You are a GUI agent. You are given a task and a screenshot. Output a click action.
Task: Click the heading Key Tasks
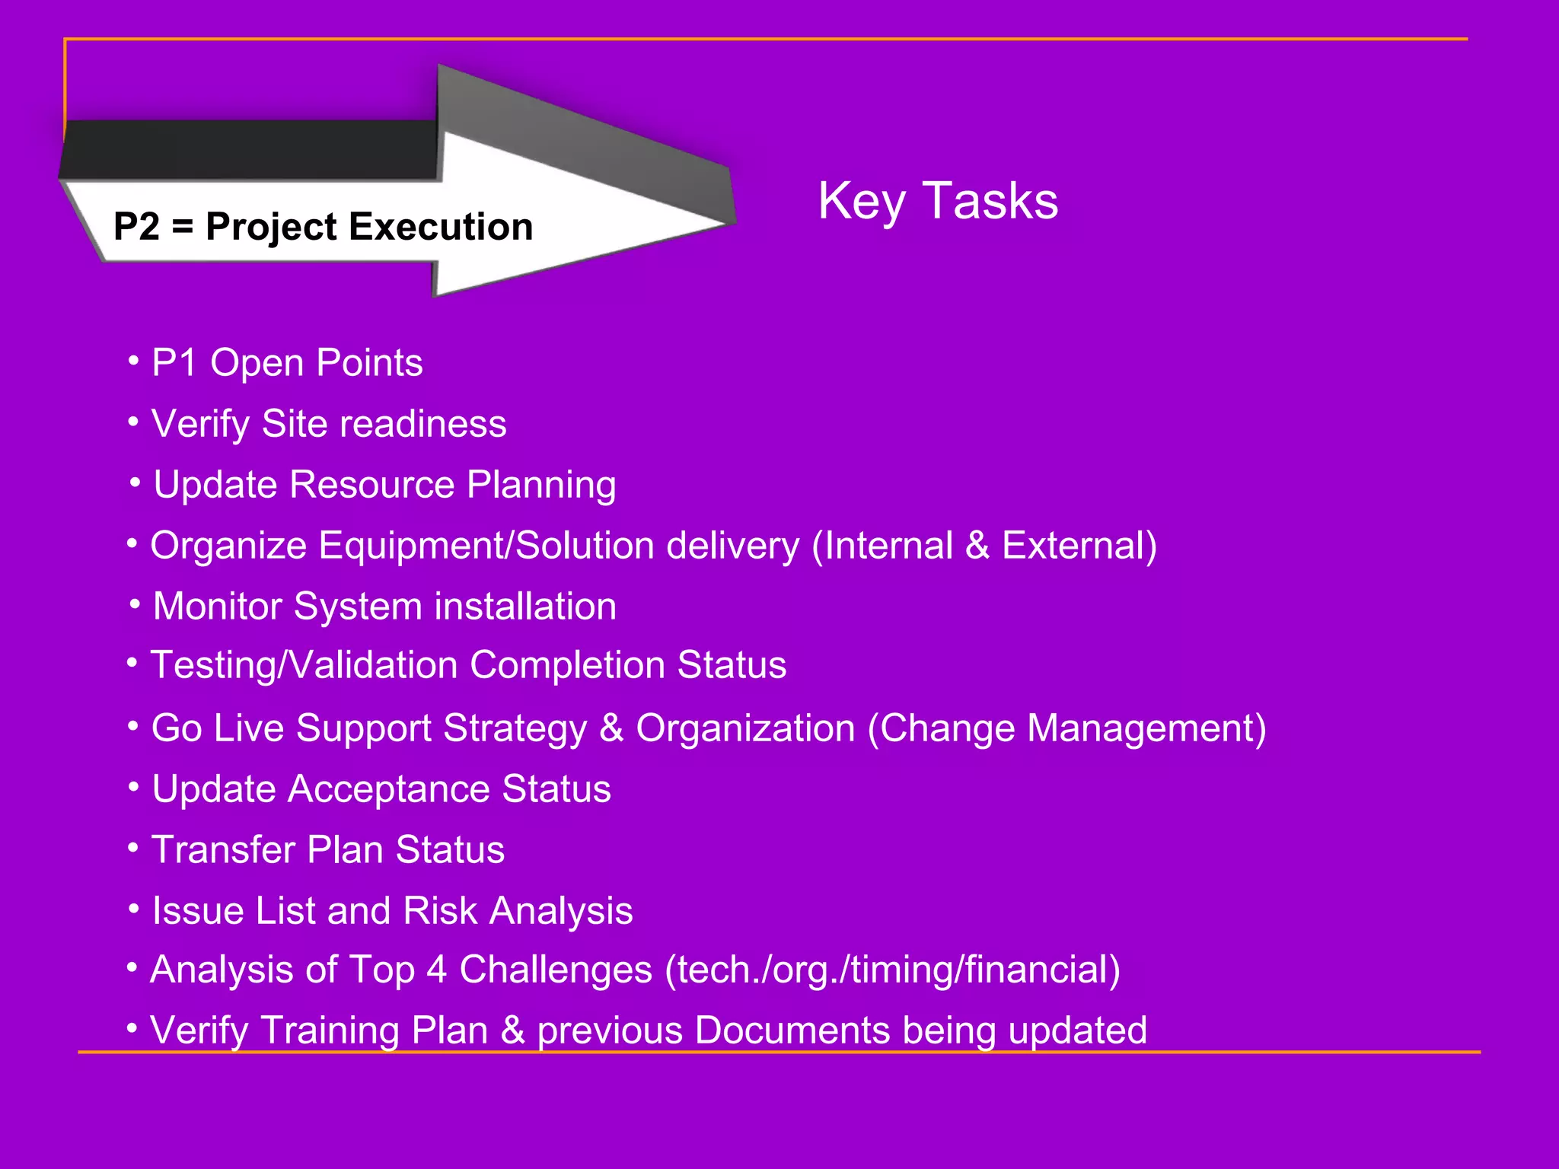[x=937, y=201]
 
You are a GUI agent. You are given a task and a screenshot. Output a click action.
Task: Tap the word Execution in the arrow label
[x=441, y=227]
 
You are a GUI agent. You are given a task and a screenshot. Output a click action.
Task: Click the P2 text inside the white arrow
[x=137, y=227]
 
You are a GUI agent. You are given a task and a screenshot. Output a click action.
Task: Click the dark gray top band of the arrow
[x=251, y=149]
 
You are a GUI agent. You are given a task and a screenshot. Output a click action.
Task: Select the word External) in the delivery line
[x=1079, y=546]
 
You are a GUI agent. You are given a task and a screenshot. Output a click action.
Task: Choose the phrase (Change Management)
[x=1066, y=728]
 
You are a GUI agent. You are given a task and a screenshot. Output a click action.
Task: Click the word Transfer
[x=223, y=850]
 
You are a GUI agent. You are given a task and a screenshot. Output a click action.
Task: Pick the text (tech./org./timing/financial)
[x=892, y=970]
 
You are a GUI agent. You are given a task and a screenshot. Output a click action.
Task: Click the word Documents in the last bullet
[x=792, y=1030]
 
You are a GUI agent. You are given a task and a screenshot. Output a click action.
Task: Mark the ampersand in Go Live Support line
[x=611, y=728]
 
